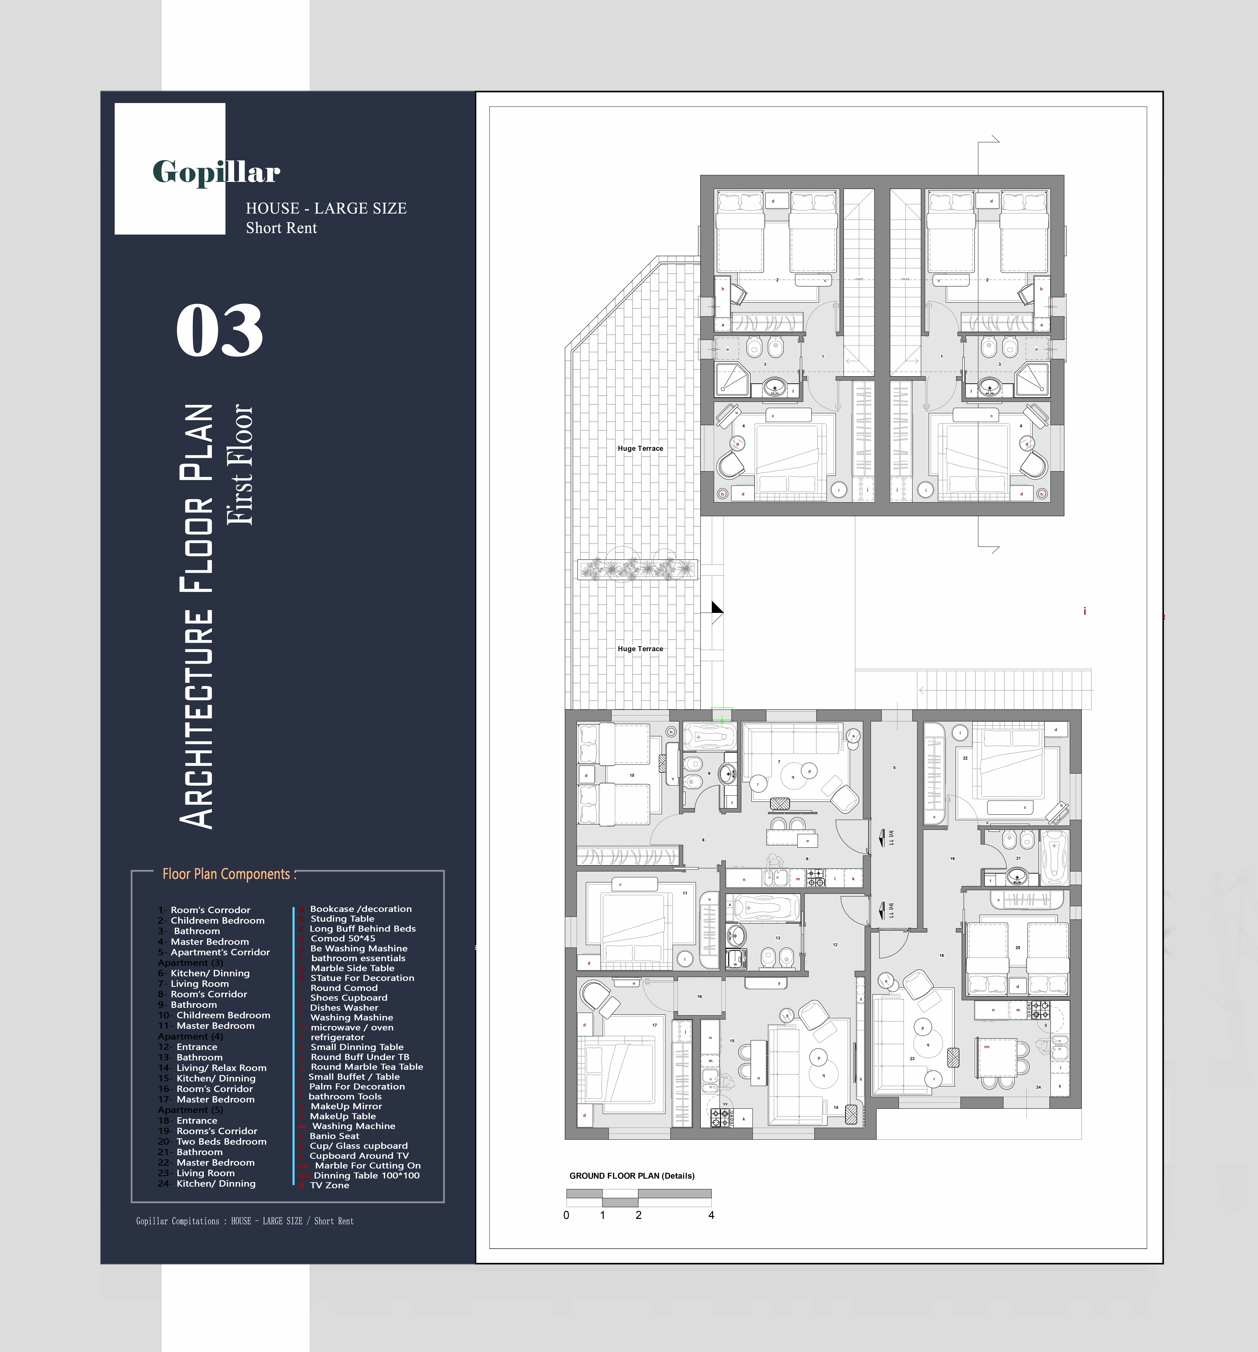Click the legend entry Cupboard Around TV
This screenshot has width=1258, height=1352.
359,1156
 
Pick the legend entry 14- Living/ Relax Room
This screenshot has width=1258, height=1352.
221,1068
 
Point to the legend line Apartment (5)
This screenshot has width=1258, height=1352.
190,1110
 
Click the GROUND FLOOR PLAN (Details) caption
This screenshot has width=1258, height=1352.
631,1176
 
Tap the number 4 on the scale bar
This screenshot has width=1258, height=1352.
711,1215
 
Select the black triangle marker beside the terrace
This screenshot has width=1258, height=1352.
716,609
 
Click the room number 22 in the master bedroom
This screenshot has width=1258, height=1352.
965,758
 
